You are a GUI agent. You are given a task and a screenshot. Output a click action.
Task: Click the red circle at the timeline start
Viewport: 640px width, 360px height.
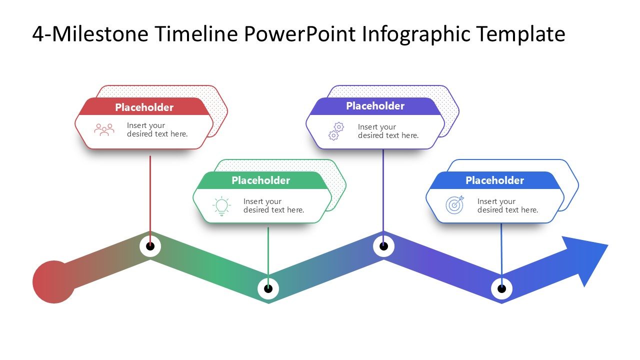(x=53, y=282)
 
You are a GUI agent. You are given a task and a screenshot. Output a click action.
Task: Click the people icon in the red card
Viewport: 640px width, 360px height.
(x=104, y=129)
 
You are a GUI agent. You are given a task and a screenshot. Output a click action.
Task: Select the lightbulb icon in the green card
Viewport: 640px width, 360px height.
(x=221, y=206)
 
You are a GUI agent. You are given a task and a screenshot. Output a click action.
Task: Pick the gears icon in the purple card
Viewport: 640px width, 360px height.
(x=336, y=131)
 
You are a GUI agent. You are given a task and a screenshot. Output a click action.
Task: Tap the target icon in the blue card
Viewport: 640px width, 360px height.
(x=454, y=205)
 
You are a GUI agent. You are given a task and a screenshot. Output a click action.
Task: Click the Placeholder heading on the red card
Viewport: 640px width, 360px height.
(x=144, y=107)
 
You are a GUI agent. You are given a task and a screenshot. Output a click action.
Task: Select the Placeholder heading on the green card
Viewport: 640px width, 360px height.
(x=260, y=180)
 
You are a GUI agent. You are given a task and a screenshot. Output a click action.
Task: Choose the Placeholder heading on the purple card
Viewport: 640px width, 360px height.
(x=375, y=106)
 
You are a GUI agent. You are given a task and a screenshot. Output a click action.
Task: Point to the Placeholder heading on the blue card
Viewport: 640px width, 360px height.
(x=494, y=180)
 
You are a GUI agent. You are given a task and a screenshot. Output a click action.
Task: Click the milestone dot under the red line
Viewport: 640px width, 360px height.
(x=150, y=246)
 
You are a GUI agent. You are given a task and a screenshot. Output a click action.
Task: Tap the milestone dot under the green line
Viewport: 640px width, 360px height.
(x=268, y=288)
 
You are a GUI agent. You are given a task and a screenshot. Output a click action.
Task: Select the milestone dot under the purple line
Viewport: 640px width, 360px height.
(x=383, y=246)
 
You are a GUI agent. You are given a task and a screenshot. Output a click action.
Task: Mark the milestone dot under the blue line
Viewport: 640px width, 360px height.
(x=501, y=288)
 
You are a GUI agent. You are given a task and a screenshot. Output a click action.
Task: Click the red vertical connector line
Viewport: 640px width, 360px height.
(x=150, y=195)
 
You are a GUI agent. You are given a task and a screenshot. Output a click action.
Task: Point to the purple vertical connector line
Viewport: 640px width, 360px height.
(x=383, y=190)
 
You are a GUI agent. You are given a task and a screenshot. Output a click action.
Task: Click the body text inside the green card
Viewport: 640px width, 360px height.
(x=273, y=205)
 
